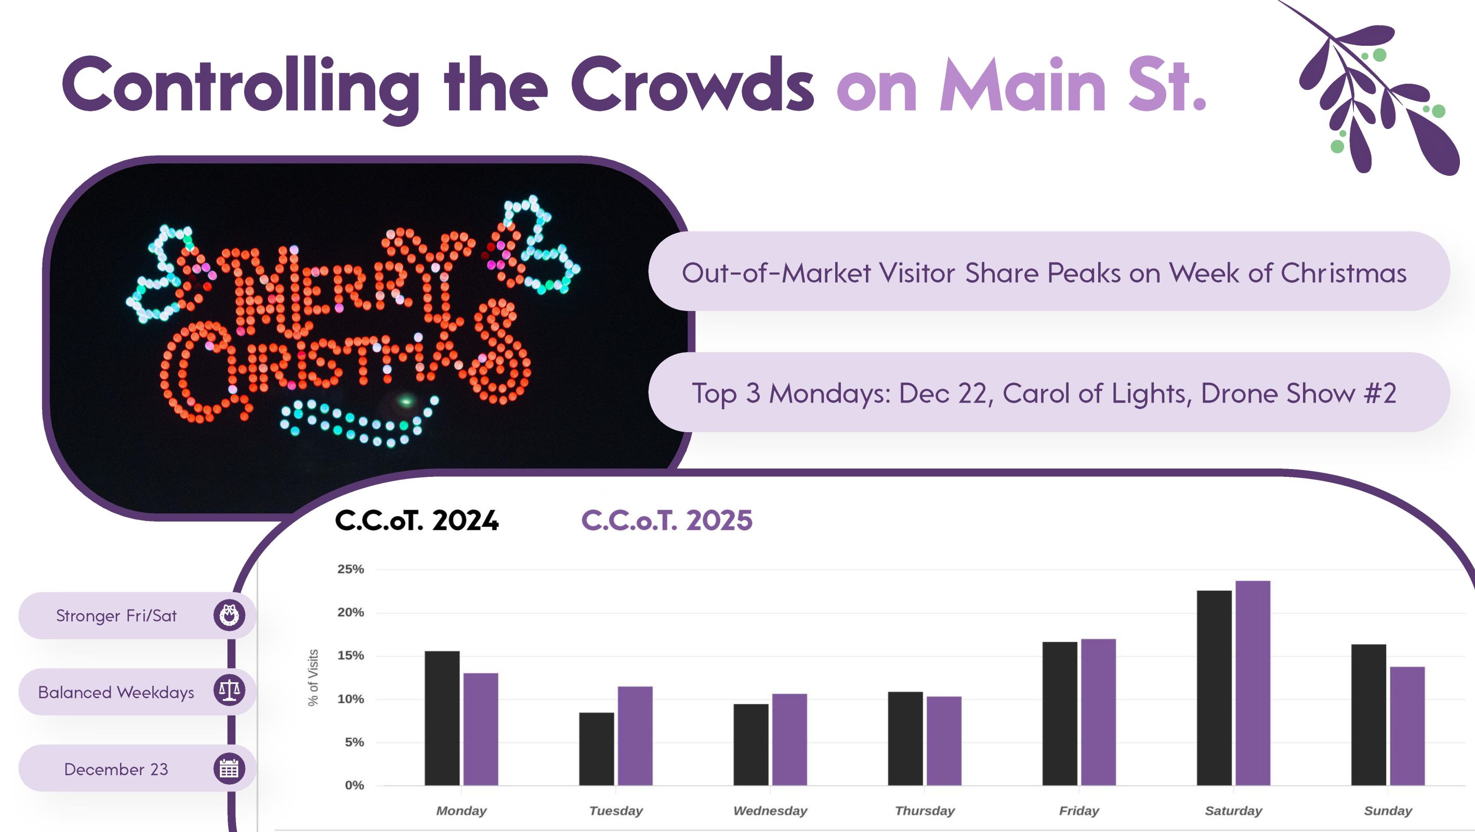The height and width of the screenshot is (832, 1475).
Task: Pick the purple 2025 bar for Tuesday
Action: click(x=635, y=736)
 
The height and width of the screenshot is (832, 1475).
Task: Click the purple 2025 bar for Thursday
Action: click(x=944, y=740)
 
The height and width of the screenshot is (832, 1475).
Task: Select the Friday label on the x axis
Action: click(x=1079, y=811)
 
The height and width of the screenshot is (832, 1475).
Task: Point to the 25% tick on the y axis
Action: click(x=350, y=569)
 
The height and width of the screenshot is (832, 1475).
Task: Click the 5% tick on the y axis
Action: click(x=354, y=742)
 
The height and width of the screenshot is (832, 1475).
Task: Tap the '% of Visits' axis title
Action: click(x=313, y=677)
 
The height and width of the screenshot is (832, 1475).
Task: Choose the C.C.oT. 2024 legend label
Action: click(x=417, y=521)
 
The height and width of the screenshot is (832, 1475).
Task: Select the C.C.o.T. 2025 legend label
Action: click(x=666, y=521)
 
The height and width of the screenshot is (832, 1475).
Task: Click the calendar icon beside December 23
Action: click(x=229, y=769)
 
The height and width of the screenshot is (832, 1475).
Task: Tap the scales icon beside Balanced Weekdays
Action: click(x=229, y=691)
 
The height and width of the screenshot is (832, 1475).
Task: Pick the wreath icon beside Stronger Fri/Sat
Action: click(x=229, y=615)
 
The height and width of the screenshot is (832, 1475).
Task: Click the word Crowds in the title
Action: click(x=692, y=85)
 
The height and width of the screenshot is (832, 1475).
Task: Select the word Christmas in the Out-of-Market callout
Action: click(x=1344, y=273)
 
